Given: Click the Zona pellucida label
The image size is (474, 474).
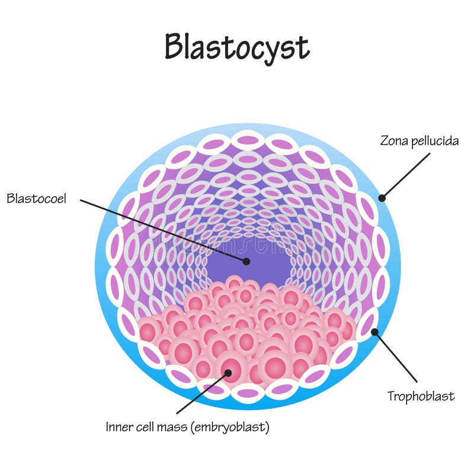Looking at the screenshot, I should (x=419, y=141).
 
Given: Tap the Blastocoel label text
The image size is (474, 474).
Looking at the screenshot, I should (x=36, y=198).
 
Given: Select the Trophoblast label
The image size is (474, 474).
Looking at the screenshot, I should (x=421, y=396).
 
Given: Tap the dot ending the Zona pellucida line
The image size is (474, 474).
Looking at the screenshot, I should (x=382, y=198).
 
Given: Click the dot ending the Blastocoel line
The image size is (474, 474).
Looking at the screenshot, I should (x=246, y=261).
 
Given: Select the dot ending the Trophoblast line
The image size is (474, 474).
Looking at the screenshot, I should (x=374, y=332).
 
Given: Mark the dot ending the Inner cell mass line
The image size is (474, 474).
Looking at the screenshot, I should (x=228, y=373).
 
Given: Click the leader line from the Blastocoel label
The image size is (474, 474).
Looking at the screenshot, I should (x=163, y=230).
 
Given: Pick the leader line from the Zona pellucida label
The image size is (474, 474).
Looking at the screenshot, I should (x=406, y=175).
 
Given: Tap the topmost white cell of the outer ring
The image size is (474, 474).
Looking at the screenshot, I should (x=248, y=140).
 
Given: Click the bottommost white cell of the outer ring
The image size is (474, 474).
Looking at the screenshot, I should (x=248, y=392).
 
